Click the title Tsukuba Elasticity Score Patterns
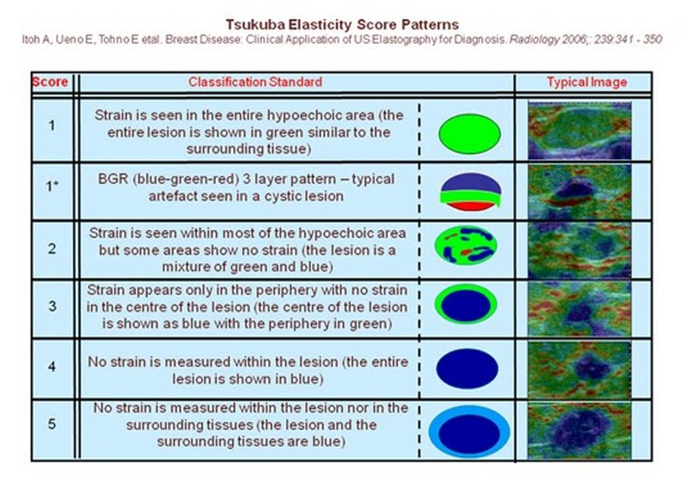point(342,24)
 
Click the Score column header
point(50,82)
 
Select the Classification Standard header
point(255,82)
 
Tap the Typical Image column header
point(587,82)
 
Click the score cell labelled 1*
point(52,187)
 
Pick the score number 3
point(52,306)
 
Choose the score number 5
point(52,424)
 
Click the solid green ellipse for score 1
point(469,134)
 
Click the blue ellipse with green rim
point(466,304)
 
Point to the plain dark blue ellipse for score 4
point(467,368)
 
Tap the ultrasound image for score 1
point(580,130)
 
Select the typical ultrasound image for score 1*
point(580,191)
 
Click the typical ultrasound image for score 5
point(580,431)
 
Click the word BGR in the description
point(113,179)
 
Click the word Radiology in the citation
point(534,40)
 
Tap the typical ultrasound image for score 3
point(580,309)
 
